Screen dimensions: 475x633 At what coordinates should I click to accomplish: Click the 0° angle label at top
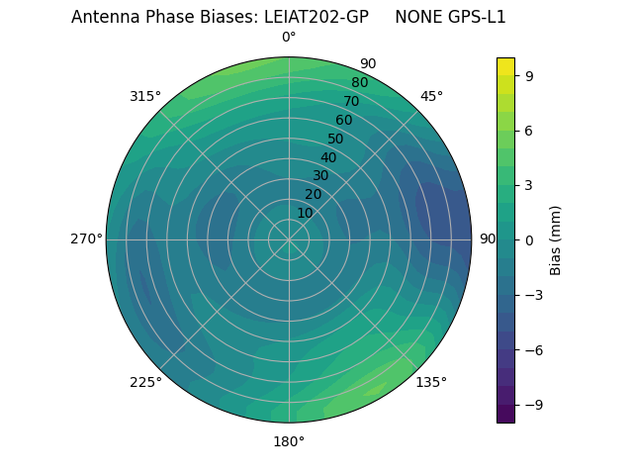point(289,38)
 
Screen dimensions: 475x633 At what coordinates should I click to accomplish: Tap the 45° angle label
point(431,96)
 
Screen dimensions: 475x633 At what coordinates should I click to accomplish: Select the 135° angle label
point(431,382)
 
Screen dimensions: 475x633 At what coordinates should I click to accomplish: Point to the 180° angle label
point(289,441)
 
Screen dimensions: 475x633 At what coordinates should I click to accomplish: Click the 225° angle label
point(145,382)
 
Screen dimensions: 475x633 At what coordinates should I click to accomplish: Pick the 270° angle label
point(86,239)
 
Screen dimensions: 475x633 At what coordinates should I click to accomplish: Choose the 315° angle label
point(145,96)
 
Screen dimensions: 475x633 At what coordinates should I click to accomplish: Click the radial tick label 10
point(305,213)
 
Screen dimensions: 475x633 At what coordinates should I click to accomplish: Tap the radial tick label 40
point(328,157)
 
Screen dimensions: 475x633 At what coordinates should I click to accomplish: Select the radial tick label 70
point(351,102)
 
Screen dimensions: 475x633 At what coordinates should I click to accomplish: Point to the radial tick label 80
point(359,83)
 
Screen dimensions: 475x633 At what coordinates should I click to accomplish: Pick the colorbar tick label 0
point(530,239)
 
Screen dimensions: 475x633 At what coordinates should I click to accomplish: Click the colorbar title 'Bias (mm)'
point(556,239)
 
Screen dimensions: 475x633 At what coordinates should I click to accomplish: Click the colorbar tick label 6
point(530,130)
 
